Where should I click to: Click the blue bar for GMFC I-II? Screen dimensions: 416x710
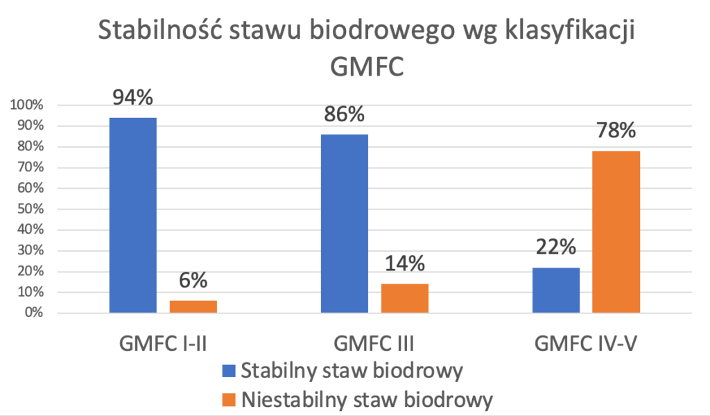coord(133,215)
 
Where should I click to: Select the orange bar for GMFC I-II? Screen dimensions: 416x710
coord(193,306)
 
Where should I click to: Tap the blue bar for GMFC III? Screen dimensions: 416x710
coord(345,223)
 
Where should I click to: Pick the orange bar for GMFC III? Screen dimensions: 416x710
coord(404,298)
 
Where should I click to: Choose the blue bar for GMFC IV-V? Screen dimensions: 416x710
coord(556,290)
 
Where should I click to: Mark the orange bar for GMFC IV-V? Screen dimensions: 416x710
coord(616,232)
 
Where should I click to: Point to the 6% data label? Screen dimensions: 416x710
coord(193,281)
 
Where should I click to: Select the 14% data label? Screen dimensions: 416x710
coord(405,264)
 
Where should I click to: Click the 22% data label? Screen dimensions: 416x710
coord(556,248)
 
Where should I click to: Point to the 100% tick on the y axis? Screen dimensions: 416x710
coord(26,105)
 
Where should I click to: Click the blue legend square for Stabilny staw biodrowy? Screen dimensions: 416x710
coord(229,370)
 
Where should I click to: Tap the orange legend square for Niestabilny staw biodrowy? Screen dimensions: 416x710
coord(229,400)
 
